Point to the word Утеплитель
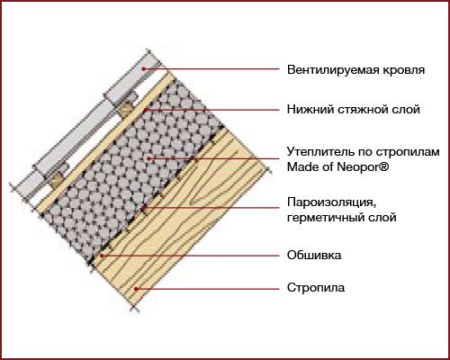click(x=320, y=152)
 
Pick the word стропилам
click(x=408, y=152)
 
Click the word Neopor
click(x=357, y=166)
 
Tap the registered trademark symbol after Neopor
click(x=384, y=166)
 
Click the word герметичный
click(x=328, y=217)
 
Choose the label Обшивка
click(x=314, y=256)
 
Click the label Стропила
click(x=316, y=288)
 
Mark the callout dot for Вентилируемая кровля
click(x=144, y=68)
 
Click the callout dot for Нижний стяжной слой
click(x=145, y=110)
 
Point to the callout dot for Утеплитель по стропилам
click(x=148, y=158)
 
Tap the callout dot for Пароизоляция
click(x=143, y=208)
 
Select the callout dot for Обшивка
click(x=102, y=256)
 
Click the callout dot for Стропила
click(x=136, y=289)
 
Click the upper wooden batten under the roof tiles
click(x=126, y=110)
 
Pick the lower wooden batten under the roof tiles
click(x=57, y=179)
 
